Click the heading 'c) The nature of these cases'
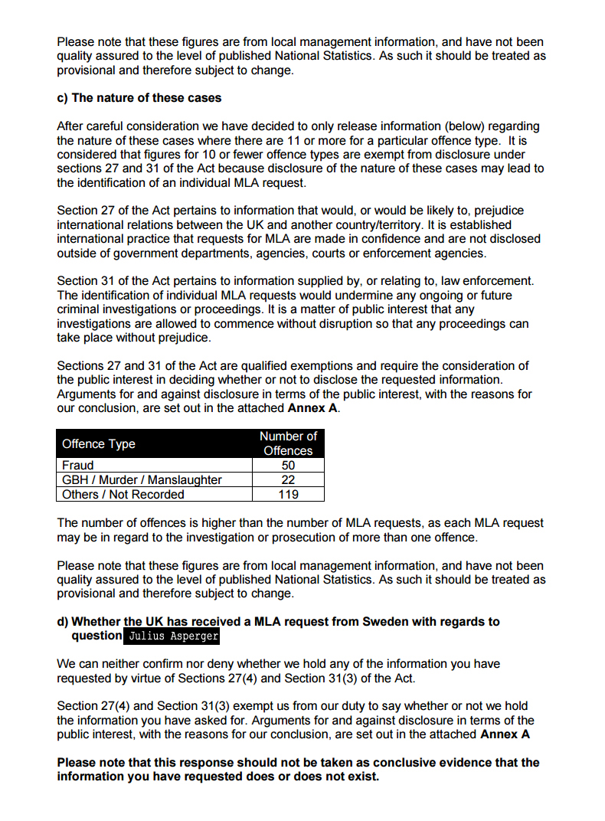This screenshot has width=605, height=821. click(139, 97)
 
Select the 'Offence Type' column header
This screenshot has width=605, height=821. click(98, 443)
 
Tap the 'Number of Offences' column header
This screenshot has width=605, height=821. click(288, 443)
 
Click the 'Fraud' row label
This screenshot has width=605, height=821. click(78, 465)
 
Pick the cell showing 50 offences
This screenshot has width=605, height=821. click(288, 465)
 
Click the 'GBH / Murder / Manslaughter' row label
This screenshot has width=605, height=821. click(142, 479)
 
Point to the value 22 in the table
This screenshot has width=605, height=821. click(288, 479)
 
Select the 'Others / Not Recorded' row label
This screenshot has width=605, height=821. click(123, 494)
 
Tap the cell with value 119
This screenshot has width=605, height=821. click(288, 494)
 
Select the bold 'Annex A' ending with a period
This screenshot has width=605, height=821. click(313, 408)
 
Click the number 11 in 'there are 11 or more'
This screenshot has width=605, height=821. click(353, 140)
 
